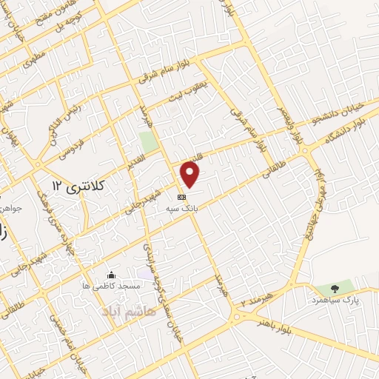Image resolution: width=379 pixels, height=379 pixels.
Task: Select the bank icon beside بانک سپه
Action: click(181, 198)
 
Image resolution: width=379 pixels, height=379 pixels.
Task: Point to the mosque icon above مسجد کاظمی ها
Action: click(111, 275)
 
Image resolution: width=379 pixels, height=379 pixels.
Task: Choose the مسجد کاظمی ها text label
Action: click(110, 285)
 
